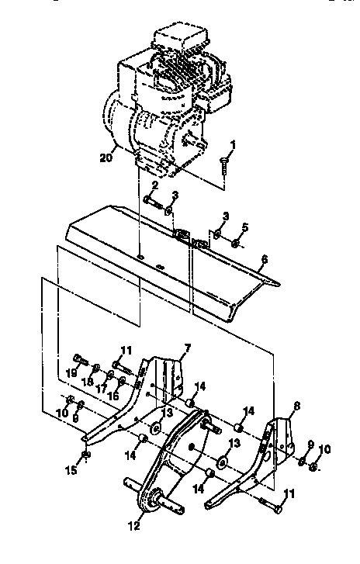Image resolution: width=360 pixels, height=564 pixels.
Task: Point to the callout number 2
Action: [154, 186]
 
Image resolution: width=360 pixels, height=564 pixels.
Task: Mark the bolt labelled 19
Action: [80, 358]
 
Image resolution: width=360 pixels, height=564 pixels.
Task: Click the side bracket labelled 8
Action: [275, 450]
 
